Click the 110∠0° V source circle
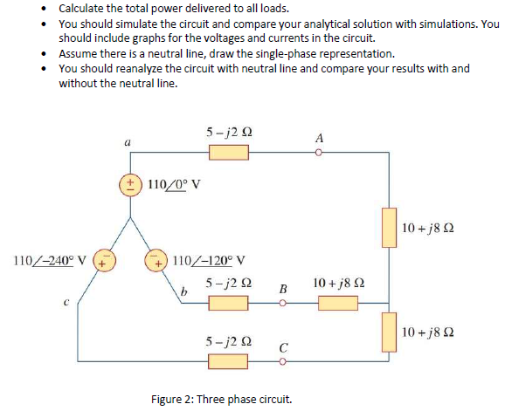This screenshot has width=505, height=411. pos(130,186)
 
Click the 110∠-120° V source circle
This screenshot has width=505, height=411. pos(158,259)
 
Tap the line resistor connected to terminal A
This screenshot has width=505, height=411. pos(229,154)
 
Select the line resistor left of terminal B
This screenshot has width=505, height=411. pos(229,304)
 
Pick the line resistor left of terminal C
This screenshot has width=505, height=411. pos(229,358)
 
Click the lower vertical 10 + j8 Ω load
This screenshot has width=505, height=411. pos(388,332)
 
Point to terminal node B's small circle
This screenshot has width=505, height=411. pos(282,304)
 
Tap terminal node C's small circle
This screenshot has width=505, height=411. pos(282,358)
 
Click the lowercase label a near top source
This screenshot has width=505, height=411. pos(128,140)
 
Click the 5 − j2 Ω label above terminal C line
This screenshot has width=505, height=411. pos(230,338)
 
